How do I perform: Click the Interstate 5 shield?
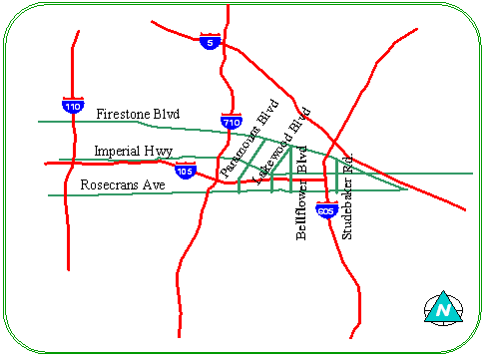coord(208,42)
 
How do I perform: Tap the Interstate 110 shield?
coord(72,104)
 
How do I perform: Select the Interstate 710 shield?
coord(232,121)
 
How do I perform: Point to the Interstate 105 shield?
coord(185,171)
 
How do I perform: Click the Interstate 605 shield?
coord(325,210)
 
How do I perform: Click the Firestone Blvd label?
coord(138,115)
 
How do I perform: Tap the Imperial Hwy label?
coord(133,152)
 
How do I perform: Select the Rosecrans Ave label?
coord(122,186)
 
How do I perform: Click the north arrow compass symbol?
coord(441,308)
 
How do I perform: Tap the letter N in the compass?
coord(441,312)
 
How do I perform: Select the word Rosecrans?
coord(108,186)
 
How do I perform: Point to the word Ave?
coord(152,186)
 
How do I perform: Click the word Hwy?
coord(160,152)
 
